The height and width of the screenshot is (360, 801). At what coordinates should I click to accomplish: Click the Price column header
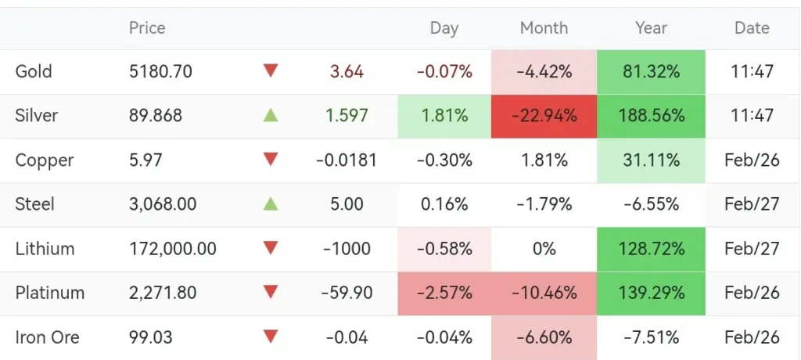147,28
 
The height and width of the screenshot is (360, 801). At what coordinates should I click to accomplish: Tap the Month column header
544,28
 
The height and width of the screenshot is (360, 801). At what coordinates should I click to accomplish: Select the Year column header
651,28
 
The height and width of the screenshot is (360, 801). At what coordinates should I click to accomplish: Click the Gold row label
34,72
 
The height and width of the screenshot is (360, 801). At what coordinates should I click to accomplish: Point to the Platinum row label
49,293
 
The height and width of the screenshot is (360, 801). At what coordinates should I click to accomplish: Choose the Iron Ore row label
47,338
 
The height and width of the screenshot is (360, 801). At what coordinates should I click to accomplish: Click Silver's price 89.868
156,116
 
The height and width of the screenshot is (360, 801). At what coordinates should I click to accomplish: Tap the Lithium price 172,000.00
173,249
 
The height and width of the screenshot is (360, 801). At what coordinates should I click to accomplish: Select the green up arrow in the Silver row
271,116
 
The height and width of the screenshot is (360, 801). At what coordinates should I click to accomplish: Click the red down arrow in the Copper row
271,160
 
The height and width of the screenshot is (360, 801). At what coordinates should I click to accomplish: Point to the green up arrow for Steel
271,204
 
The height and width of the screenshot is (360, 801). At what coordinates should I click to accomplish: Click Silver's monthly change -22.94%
544,116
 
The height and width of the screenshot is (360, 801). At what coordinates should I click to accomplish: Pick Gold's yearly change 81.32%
651,72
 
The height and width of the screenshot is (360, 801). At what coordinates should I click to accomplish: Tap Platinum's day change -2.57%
444,293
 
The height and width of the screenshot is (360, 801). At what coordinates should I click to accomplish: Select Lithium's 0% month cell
544,249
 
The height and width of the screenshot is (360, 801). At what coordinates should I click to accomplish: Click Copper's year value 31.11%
651,160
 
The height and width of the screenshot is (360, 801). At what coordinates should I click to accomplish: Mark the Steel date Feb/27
752,205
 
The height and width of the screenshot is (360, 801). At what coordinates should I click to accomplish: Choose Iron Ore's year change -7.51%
651,338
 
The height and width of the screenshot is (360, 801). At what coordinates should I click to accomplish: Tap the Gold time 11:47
752,72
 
